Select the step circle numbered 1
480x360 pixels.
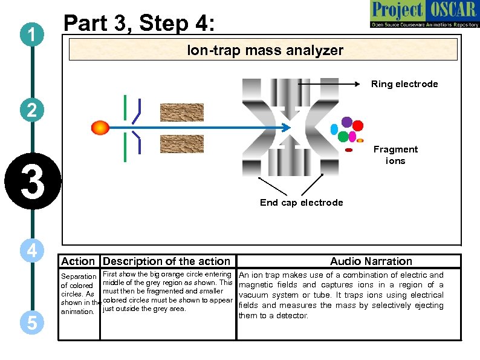tap(31, 37)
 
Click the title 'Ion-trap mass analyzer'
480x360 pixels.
tap(265, 50)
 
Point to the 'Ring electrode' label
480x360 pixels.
tap(404, 84)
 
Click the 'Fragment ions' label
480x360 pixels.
tap(395, 155)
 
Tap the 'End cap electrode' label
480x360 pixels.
tap(301, 203)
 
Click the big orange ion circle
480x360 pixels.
tap(100, 127)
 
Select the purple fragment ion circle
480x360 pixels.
tap(347, 122)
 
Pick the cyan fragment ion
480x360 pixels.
tap(334, 129)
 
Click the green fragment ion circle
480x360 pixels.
tap(343, 137)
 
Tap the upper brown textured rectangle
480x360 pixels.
tap(182, 113)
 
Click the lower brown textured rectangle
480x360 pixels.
tap(182, 143)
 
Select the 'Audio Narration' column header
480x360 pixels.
tap(371, 261)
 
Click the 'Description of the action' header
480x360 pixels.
tap(166, 261)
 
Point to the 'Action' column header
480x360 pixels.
tap(78, 261)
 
